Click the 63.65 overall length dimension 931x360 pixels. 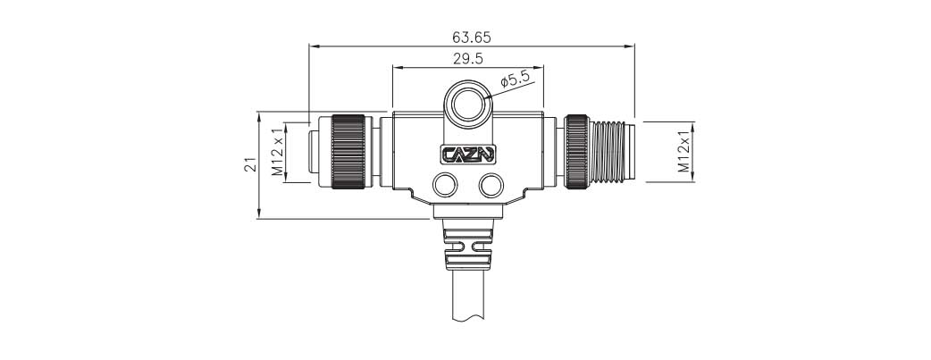coord(471,38)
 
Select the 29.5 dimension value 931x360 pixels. coord(467,59)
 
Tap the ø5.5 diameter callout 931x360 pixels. coord(516,80)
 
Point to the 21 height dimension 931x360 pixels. coord(251,164)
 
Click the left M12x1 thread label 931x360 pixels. coord(278,150)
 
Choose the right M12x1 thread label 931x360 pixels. coord(684,150)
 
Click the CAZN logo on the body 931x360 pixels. coord(468,154)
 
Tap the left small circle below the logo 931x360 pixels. coord(444,186)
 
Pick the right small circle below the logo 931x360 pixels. coord(490,186)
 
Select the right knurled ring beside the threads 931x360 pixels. coord(575,150)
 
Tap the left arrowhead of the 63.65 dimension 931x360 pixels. coord(312,46)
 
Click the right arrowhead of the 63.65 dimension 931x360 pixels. coord(630,46)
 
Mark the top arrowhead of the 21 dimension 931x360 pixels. coord(258,115)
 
